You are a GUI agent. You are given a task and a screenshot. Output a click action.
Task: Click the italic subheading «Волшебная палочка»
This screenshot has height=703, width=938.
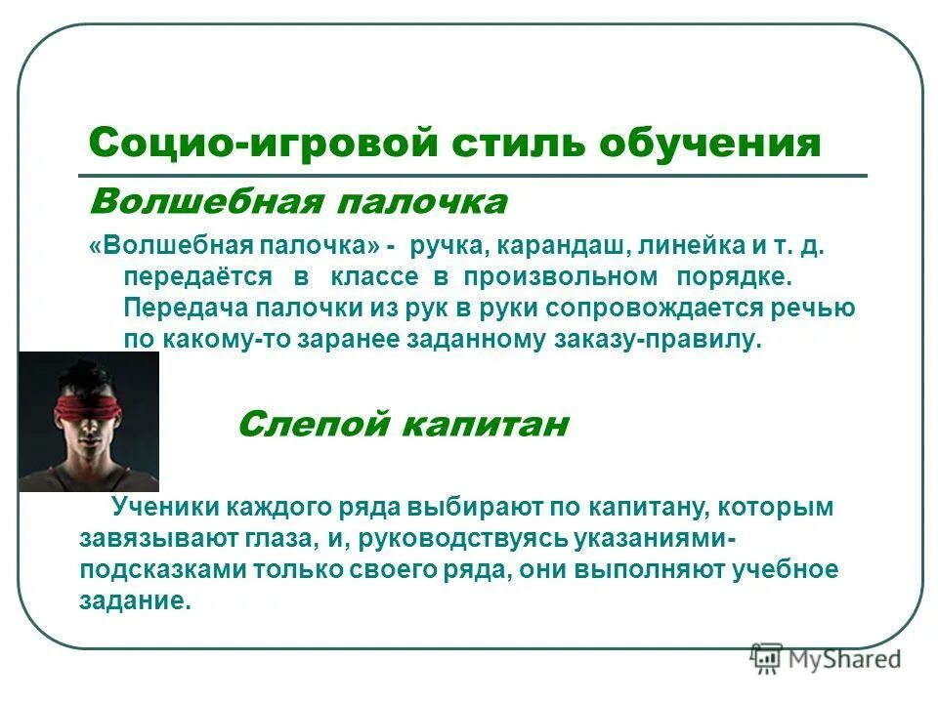point(298,203)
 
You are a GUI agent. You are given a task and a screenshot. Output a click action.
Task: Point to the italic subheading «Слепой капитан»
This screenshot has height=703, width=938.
point(404,425)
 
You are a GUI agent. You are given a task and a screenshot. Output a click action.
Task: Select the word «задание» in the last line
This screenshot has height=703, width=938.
point(134,601)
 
